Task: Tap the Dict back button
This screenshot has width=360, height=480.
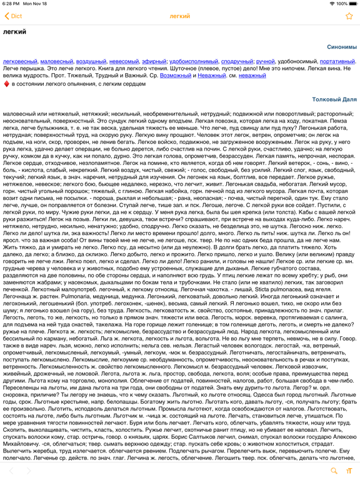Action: [14, 17]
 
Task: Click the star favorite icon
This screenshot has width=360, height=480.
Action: [349, 17]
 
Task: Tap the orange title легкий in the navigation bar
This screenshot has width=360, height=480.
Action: [180, 17]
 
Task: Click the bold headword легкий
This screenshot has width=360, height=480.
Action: [15, 32]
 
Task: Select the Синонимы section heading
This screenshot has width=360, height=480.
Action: [341, 47]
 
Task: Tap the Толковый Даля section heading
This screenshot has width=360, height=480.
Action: [334, 99]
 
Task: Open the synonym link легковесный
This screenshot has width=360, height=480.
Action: [21, 62]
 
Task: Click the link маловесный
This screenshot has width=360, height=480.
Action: [57, 62]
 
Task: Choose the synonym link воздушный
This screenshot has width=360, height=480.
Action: [91, 62]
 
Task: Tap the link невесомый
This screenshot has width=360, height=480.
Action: [124, 62]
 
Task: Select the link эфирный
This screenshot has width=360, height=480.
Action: [154, 62]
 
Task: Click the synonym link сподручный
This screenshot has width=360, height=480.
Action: [237, 62]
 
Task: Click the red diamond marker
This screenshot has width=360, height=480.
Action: [6, 83]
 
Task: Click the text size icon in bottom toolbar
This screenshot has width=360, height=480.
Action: [349, 471]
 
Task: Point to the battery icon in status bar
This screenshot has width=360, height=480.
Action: [349, 4]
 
